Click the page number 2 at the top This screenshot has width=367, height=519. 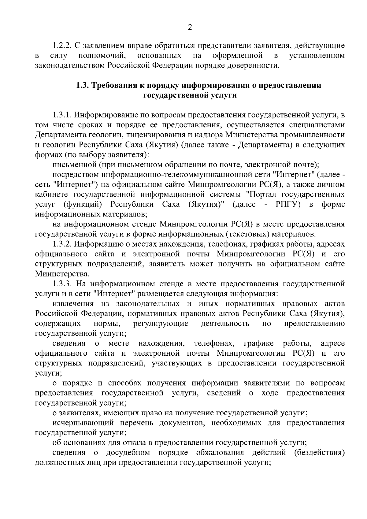(x=190, y=28)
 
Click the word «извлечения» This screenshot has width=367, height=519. (x=73, y=304)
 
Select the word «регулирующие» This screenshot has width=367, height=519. (x=161, y=324)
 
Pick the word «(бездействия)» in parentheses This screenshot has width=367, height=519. (x=319, y=453)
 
